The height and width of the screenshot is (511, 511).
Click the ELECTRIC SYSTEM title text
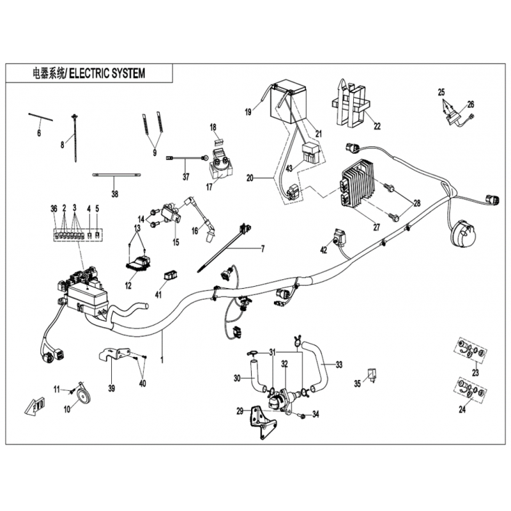(x=107, y=73)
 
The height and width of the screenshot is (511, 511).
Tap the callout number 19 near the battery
(x=248, y=112)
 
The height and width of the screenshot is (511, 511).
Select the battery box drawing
(x=288, y=102)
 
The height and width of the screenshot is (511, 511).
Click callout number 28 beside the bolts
(x=417, y=203)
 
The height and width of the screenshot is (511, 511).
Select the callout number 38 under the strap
(x=115, y=194)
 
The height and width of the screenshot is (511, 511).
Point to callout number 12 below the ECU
(x=128, y=285)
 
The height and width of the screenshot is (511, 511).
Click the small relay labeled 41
(x=171, y=275)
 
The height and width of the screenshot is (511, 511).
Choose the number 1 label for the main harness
(x=162, y=360)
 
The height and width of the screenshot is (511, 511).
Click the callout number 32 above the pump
(x=284, y=364)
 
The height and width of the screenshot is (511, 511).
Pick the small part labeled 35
(x=371, y=374)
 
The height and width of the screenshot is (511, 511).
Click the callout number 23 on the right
(x=475, y=372)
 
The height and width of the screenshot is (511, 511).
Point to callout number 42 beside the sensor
(x=323, y=250)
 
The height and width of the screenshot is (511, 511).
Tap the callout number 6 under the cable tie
(x=39, y=133)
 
